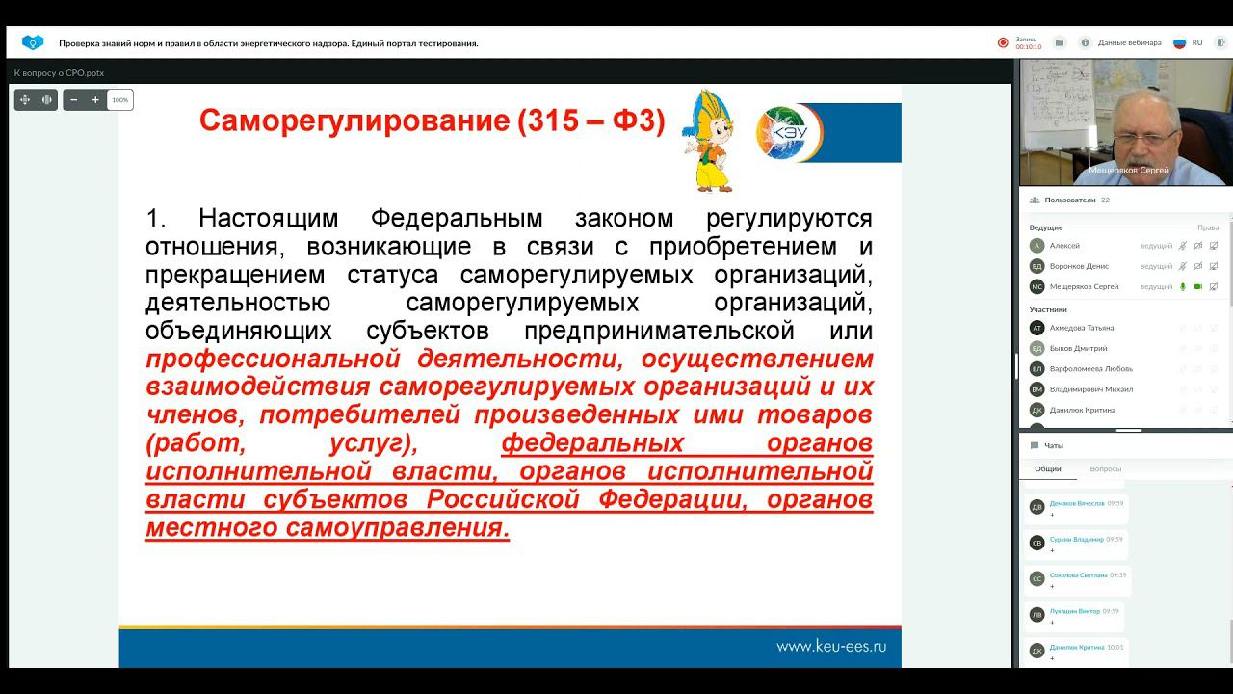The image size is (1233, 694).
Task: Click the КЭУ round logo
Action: [x=789, y=132]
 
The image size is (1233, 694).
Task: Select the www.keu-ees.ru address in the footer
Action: [x=831, y=647]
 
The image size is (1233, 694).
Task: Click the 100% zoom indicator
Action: [x=119, y=100]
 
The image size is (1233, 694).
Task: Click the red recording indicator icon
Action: [x=1003, y=43]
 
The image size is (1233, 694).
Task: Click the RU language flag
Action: [x=1179, y=43]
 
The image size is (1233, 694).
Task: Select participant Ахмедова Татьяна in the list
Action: [x=1081, y=328]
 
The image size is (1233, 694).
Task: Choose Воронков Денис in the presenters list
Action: [x=1079, y=266]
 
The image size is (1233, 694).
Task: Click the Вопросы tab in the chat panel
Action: [x=1105, y=469]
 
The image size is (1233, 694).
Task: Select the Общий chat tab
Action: [x=1048, y=469]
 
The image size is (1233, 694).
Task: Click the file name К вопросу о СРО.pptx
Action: [x=59, y=73]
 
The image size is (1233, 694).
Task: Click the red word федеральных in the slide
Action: [x=592, y=444]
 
